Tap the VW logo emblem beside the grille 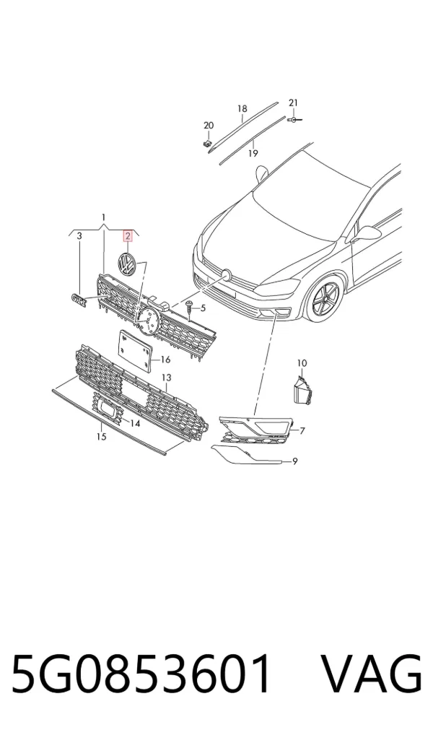click(x=126, y=264)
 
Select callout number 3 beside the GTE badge click(x=79, y=235)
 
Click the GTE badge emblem click(x=79, y=301)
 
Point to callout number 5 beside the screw click(x=203, y=308)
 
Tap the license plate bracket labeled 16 click(x=135, y=351)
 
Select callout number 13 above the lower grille click(x=167, y=378)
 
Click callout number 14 click(x=136, y=423)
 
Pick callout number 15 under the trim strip click(x=101, y=437)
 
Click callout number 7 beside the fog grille click(x=302, y=430)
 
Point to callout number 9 click(x=294, y=461)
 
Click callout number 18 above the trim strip click(x=242, y=109)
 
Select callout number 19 click(x=253, y=153)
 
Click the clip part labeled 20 click(x=207, y=142)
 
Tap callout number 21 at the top click(x=293, y=103)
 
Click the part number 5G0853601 click(x=141, y=674)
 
